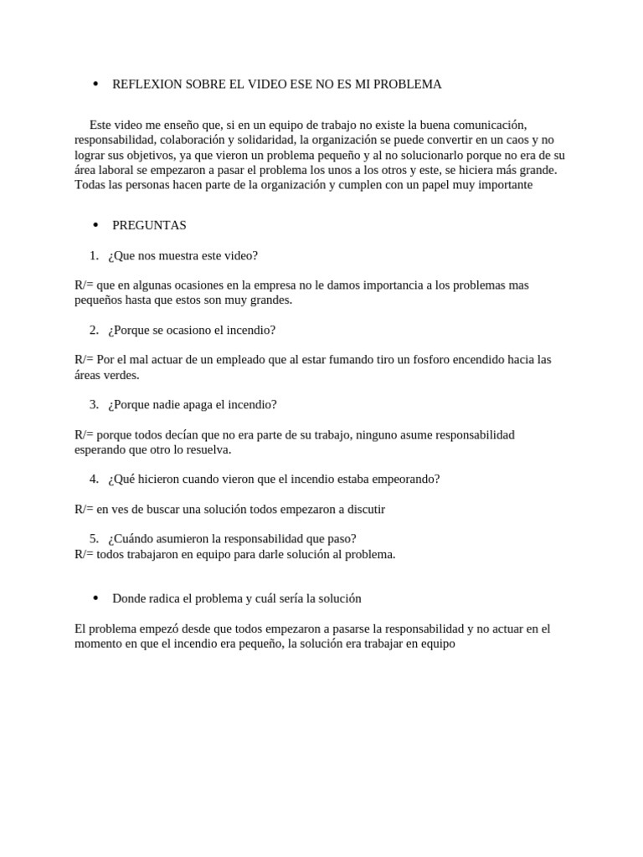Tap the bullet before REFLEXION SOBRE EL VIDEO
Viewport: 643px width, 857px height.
(x=95, y=84)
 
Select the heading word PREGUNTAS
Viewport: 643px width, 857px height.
(x=149, y=225)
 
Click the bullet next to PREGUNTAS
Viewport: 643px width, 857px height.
(x=95, y=224)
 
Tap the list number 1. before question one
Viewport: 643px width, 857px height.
(x=94, y=255)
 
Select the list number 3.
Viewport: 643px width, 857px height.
(x=94, y=404)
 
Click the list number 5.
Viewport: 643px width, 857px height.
(x=94, y=539)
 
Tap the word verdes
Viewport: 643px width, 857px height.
(x=122, y=375)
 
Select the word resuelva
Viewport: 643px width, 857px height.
(x=207, y=449)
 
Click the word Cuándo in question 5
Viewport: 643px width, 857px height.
(x=134, y=539)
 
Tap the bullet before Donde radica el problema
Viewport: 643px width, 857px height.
(x=95, y=598)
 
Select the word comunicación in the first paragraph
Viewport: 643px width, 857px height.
(x=488, y=125)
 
